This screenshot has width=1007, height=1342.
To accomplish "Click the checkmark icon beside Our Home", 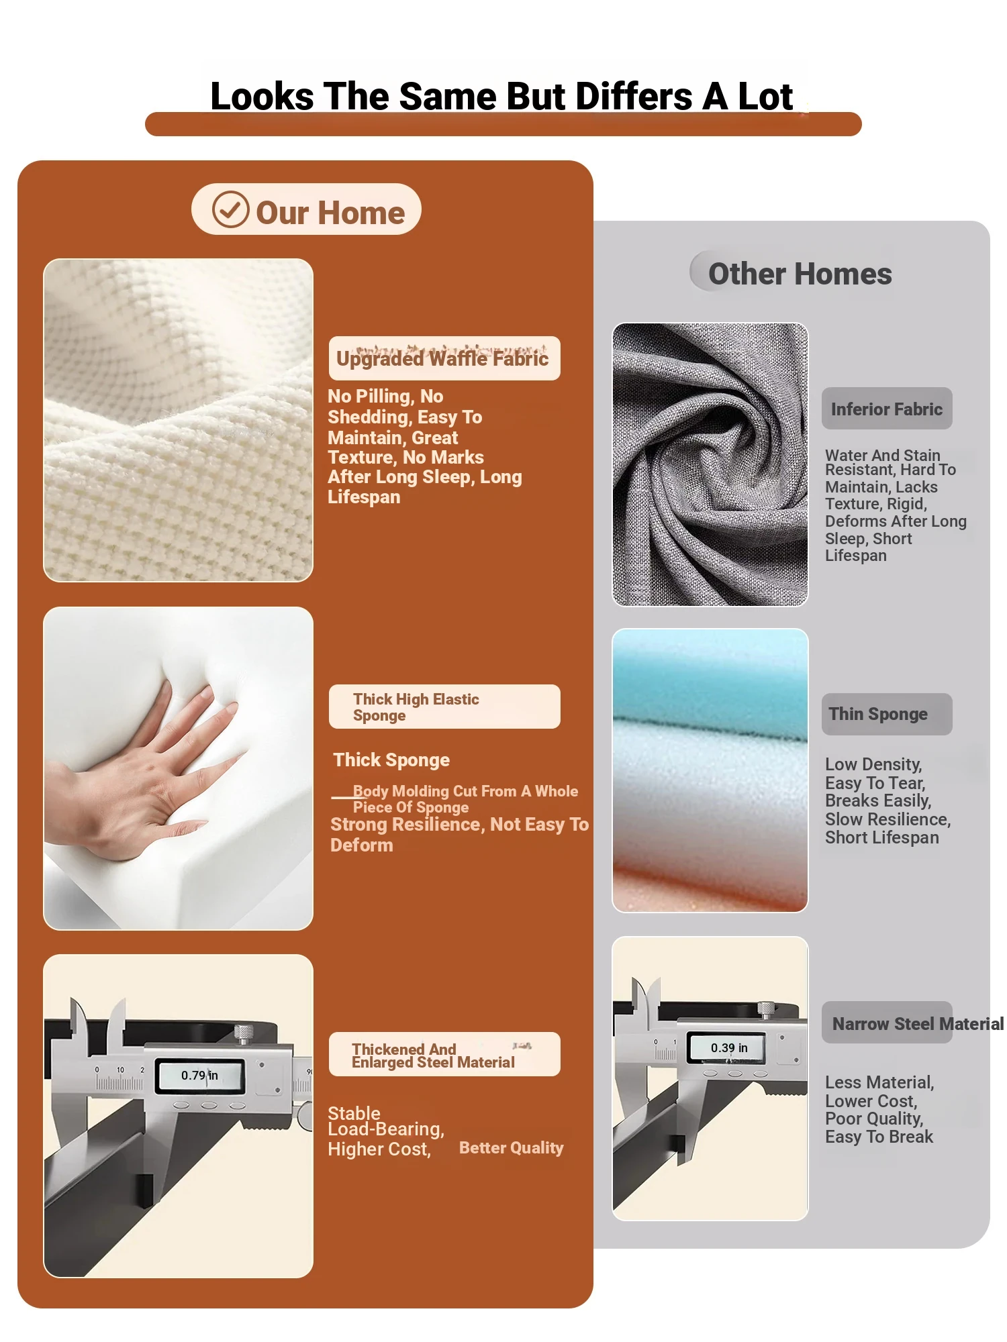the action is coord(230,209).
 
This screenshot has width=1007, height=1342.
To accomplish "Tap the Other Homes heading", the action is coord(800,274).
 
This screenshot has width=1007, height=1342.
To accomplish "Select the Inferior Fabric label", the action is coord(887,409).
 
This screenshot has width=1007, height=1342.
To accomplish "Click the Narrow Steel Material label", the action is coord(913,1023).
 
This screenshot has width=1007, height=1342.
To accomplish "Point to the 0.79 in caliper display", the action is coord(200,1076).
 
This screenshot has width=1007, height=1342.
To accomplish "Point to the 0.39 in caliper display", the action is coord(729,1048).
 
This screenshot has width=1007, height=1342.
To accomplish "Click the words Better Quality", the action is coord(512,1148).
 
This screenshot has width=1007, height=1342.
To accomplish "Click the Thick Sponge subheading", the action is coord(391,760).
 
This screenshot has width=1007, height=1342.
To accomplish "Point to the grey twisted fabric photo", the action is coord(710,464).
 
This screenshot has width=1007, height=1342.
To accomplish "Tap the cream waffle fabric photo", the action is coord(178,420).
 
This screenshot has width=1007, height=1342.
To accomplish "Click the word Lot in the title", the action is coord(765,96).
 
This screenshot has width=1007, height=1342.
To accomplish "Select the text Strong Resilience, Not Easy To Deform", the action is coord(459,835).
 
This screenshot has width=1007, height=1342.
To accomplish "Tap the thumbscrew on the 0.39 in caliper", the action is coord(765,1010).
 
